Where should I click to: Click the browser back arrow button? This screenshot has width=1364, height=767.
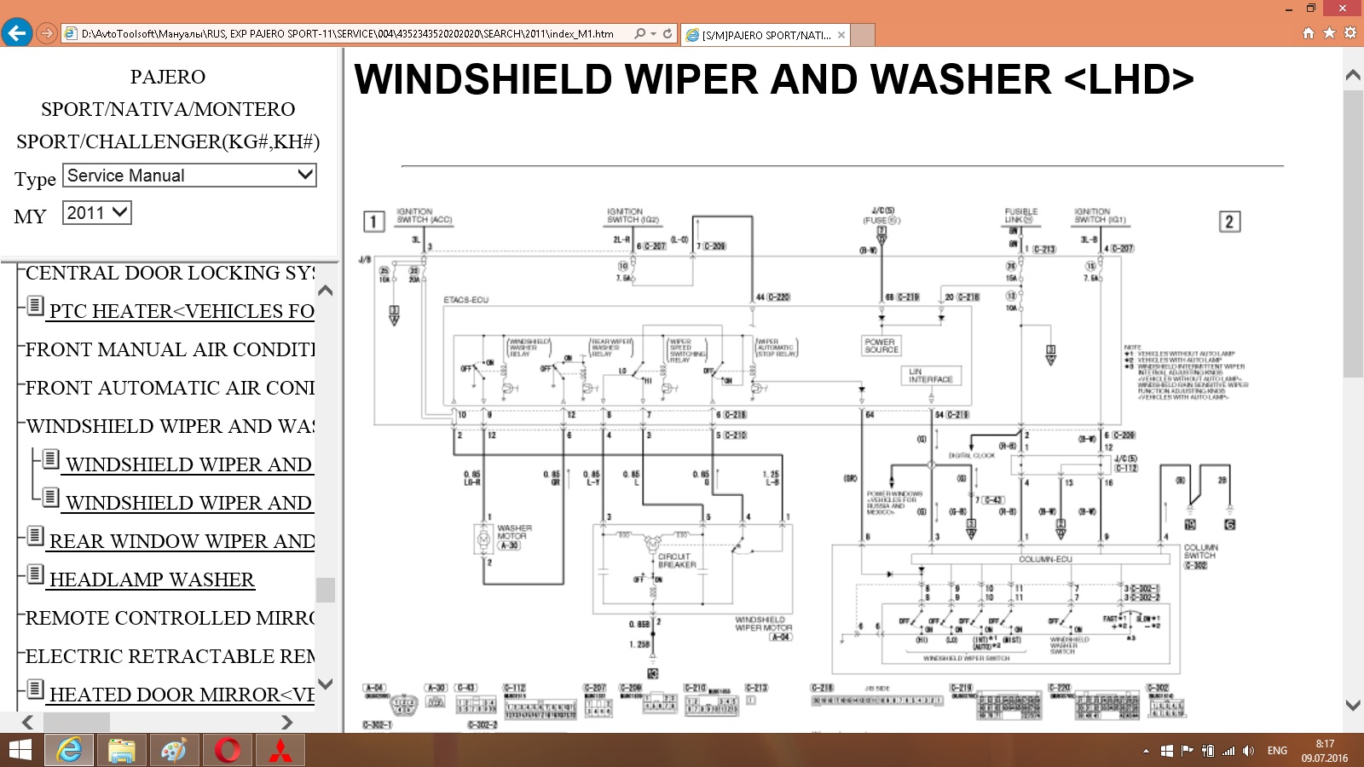click(17, 33)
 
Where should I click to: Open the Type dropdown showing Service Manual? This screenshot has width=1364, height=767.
click(189, 176)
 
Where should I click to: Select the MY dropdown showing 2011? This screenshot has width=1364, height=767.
click(96, 213)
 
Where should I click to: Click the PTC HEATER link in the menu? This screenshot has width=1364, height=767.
click(181, 312)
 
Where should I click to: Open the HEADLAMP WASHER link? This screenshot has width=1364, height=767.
click(152, 580)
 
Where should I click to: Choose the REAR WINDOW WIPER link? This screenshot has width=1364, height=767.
click(182, 542)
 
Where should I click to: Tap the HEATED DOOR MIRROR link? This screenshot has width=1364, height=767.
click(182, 695)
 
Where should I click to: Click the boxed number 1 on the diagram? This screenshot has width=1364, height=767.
click(373, 222)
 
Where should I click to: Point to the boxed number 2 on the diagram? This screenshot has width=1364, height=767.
click(1228, 222)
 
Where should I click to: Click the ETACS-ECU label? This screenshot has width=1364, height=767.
click(466, 300)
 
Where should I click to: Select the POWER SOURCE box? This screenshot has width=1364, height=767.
click(881, 345)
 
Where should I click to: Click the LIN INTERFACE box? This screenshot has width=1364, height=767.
click(931, 376)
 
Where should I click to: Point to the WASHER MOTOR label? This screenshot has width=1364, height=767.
click(514, 533)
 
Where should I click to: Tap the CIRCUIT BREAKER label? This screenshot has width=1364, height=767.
click(677, 561)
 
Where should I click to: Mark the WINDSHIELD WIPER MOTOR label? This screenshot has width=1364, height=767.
click(763, 624)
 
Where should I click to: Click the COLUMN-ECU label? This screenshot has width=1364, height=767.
click(1045, 560)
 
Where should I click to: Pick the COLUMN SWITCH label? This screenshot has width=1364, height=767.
click(1200, 551)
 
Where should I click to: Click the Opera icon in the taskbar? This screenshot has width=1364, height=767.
click(228, 750)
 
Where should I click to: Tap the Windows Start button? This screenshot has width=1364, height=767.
click(20, 750)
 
